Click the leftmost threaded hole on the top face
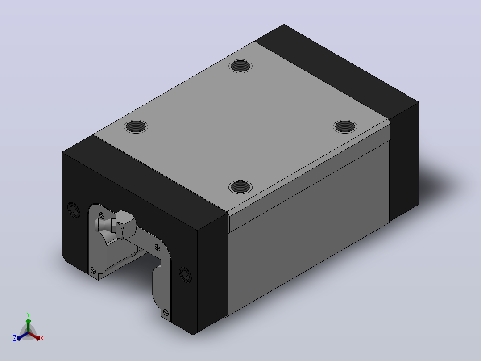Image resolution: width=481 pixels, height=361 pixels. (x=136, y=126)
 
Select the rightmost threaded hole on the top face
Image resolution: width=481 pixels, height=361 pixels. (x=345, y=126)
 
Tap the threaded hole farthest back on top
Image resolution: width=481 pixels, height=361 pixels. (x=240, y=66)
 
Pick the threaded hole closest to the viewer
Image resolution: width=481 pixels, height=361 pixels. (x=240, y=187)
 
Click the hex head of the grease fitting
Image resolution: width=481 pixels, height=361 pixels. (x=126, y=225)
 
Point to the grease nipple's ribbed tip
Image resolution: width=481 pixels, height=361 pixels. (x=100, y=225)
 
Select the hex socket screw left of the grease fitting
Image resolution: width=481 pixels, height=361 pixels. (x=74, y=210)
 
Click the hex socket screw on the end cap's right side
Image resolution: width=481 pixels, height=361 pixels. (x=185, y=274)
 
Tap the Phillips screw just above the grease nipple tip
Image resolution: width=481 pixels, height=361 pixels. (x=101, y=215)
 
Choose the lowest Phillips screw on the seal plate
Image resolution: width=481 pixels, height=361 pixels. (x=166, y=313)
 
